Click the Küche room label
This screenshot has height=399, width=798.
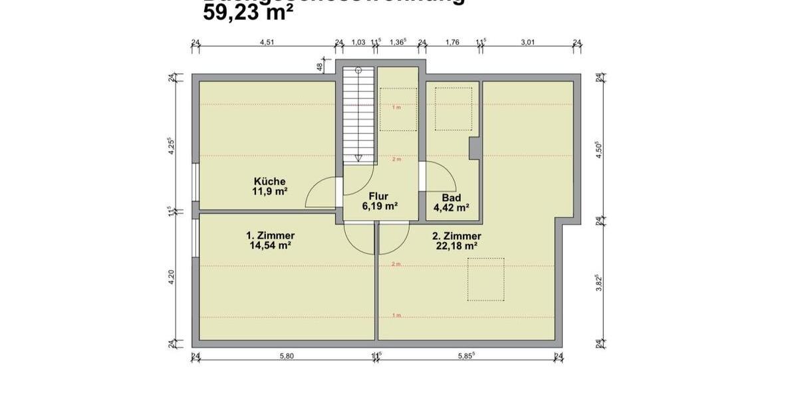tap(270, 186)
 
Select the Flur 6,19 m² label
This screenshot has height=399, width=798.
tap(380, 201)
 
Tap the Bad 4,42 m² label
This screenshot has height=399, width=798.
tap(452, 202)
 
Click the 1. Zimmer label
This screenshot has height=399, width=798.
tap(270, 240)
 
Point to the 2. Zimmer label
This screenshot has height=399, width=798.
tap(456, 241)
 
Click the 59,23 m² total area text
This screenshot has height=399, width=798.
tap(248, 13)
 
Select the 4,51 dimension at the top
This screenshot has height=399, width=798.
tap(266, 43)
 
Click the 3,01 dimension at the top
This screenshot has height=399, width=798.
tap(527, 43)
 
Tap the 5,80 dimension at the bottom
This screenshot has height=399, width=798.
tap(286, 356)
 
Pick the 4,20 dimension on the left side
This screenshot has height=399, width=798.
tap(172, 277)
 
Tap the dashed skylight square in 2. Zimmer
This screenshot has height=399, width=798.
tap(485, 279)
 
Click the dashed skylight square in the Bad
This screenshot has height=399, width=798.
tap(453, 108)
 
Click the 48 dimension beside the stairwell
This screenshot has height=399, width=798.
tap(320, 66)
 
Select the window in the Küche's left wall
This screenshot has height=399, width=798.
tap(196, 182)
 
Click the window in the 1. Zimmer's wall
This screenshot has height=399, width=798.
tap(196, 237)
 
